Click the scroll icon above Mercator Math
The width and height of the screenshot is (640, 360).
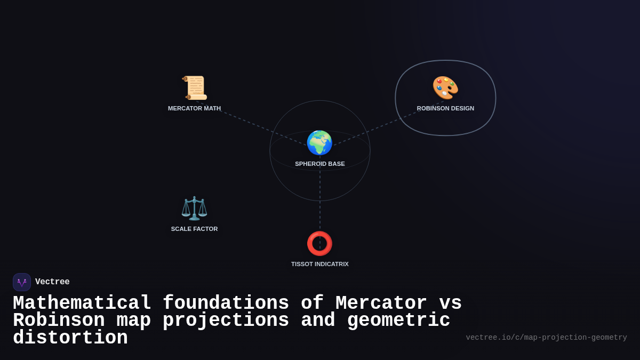coord(194,87)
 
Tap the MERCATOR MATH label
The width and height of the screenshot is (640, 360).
coord(194,108)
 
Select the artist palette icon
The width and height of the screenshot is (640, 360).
coord(445,87)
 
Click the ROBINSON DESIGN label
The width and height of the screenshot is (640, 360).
coord(445,108)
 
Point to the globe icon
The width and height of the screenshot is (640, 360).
coord(319,142)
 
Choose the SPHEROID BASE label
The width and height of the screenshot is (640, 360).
coord(320,164)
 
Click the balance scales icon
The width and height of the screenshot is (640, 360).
coord(194,208)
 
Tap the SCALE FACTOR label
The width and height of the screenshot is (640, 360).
coord(194,229)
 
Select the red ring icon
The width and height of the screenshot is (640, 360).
coord(319,243)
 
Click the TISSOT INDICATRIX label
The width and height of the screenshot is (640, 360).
coord(320,264)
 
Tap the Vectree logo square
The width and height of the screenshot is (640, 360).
coord(22,282)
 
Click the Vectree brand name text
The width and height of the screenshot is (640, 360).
coord(52,282)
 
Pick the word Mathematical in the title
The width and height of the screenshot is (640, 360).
coord(82,303)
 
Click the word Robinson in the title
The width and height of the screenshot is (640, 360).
coord(59,321)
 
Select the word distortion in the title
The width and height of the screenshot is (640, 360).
coord(70,338)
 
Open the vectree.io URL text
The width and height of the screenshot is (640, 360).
coord(546,338)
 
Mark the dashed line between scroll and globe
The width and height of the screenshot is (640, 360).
coord(251,123)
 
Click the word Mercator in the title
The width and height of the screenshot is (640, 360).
coord(381,303)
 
